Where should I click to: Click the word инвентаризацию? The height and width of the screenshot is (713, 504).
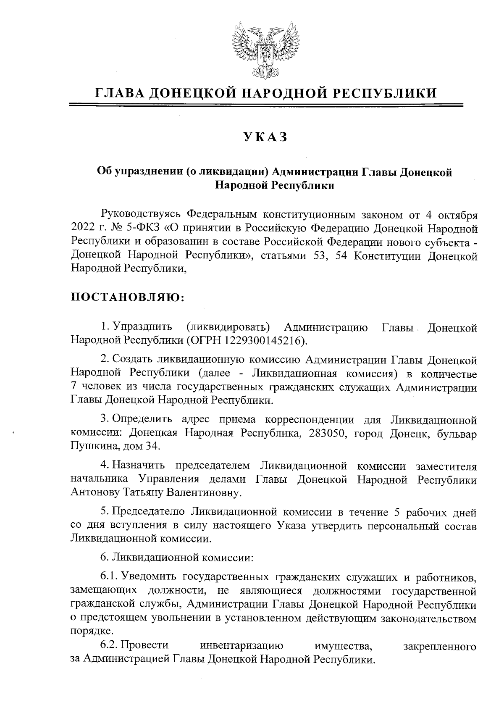[242, 645]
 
